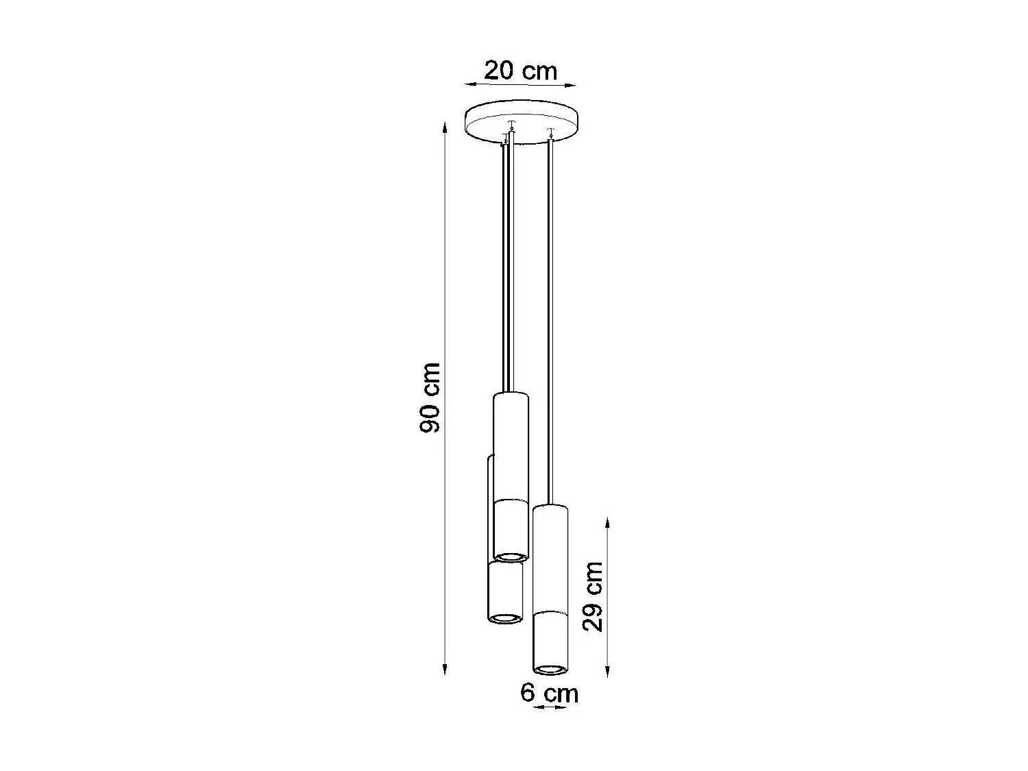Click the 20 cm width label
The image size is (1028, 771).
point(520,70)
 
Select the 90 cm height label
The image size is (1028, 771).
point(430,397)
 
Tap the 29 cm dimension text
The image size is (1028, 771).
point(592,596)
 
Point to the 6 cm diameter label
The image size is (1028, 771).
point(549,692)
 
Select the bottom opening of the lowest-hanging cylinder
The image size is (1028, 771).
point(550,668)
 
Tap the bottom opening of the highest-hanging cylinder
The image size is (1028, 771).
point(511,556)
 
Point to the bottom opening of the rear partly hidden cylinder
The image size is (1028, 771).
point(505,619)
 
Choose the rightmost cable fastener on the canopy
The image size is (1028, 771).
point(550,132)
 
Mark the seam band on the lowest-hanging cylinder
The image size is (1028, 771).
point(550,611)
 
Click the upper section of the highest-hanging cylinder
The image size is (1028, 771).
point(511,445)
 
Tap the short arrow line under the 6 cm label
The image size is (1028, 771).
point(550,707)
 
